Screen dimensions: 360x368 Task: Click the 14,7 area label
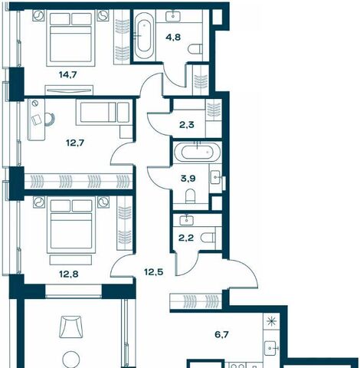(68, 75)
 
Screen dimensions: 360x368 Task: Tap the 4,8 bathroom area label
(173, 38)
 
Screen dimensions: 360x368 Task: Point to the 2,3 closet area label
(187, 125)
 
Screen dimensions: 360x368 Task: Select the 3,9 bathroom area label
(188, 179)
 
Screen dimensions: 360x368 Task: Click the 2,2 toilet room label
(186, 238)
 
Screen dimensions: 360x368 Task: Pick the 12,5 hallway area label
(154, 272)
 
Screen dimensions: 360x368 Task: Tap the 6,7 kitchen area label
(221, 334)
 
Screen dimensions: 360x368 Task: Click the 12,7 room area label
(75, 143)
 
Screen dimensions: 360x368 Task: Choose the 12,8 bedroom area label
(69, 274)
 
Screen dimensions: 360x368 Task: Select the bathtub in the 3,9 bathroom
(197, 153)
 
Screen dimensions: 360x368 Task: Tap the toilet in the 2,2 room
(208, 238)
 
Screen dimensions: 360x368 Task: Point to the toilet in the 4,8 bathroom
(195, 49)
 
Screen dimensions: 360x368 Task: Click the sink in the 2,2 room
(187, 220)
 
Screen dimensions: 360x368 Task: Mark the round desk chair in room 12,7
(50, 120)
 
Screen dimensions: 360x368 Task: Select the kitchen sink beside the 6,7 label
(271, 348)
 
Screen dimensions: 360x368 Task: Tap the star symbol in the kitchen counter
(270, 321)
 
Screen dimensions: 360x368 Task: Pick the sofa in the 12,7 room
(104, 113)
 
